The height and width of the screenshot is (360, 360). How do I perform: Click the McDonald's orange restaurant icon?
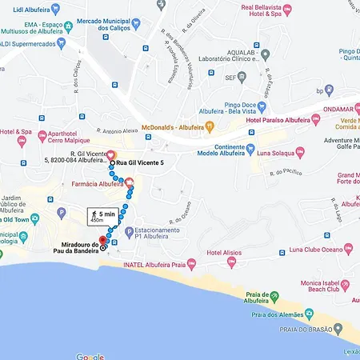point(210,126)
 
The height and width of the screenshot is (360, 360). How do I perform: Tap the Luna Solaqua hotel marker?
point(300,152)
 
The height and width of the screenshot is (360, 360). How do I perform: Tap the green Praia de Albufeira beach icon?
point(274,298)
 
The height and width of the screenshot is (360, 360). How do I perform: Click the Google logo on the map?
point(90,355)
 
